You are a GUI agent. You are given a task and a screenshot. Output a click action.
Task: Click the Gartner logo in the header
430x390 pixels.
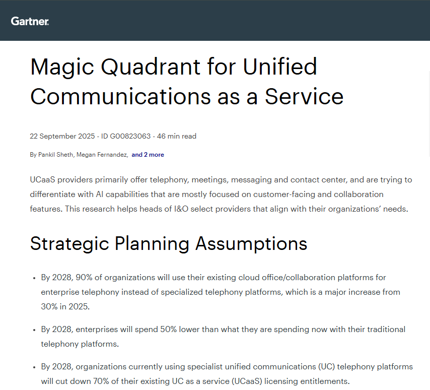click(30, 21)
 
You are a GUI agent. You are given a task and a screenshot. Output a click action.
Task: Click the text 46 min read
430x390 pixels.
click(177, 136)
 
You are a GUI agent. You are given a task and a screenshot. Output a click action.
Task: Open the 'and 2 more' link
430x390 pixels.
click(148, 155)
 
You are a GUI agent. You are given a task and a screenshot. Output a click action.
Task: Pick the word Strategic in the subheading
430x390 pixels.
click(69, 244)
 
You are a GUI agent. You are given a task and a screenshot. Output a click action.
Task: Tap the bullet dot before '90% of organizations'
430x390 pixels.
click(34, 278)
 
